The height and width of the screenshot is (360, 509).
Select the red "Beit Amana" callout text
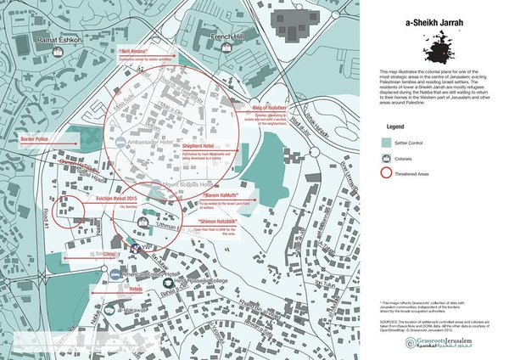[x=136, y=52]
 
